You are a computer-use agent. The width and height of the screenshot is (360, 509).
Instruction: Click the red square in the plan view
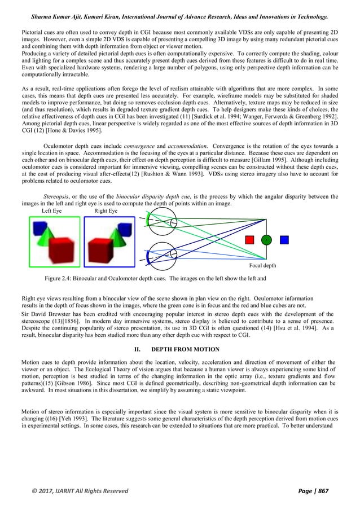[249, 240]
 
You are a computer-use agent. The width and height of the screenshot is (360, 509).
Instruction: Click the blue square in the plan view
[284, 240]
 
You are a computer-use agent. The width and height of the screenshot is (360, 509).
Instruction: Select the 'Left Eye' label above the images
[54, 210]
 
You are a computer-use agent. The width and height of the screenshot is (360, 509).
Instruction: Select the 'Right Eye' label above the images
[106, 210]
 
